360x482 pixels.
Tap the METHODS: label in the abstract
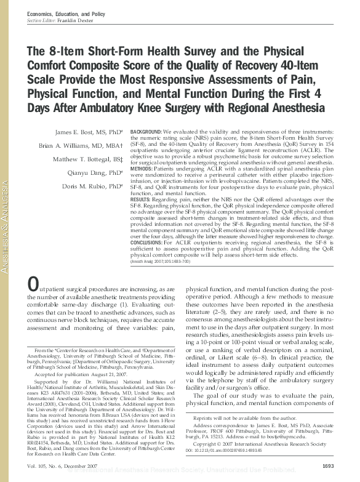click(x=143, y=168)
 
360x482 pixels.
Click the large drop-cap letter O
click(x=34, y=284)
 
